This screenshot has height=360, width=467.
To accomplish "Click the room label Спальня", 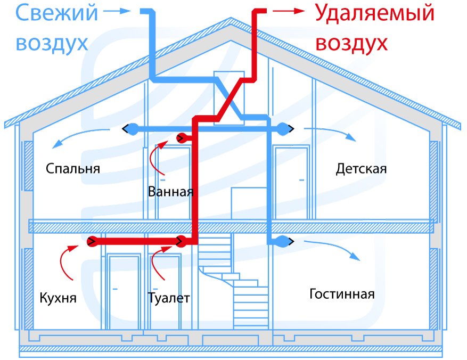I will point(73,169).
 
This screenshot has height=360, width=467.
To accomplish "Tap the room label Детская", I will point(361,169).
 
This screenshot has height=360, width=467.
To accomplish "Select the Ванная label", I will point(170,191).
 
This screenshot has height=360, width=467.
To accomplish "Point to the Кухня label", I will point(58,298).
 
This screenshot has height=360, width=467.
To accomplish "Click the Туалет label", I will point(169,298).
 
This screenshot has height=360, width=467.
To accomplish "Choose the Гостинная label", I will point(342,294).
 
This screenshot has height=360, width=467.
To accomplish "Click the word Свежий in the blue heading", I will point(56,13).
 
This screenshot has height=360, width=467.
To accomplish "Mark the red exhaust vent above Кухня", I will point(91,242).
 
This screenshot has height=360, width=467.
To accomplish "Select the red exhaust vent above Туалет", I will point(182,242).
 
